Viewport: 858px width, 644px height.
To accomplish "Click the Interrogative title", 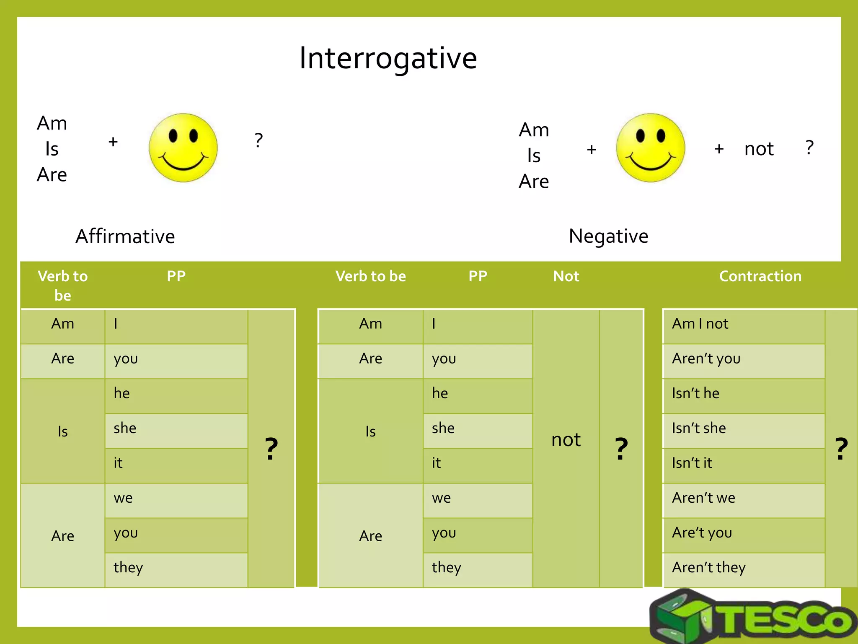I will (x=388, y=59).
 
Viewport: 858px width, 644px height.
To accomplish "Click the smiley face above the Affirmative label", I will (x=183, y=148).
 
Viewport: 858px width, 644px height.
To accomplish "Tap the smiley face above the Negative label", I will (x=650, y=148).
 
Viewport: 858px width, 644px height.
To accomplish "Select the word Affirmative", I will (x=125, y=236).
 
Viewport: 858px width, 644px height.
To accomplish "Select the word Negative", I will (x=608, y=236).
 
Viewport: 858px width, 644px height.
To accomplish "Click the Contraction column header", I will (x=760, y=276).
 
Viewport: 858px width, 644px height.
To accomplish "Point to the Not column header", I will (x=566, y=276).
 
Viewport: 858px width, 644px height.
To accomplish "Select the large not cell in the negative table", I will (x=566, y=440).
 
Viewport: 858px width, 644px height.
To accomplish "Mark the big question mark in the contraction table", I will (x=841, y=449).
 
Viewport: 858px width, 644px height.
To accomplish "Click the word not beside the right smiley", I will (x=759, y=149).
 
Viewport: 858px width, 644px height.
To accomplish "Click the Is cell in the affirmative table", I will (x=63, y=431).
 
